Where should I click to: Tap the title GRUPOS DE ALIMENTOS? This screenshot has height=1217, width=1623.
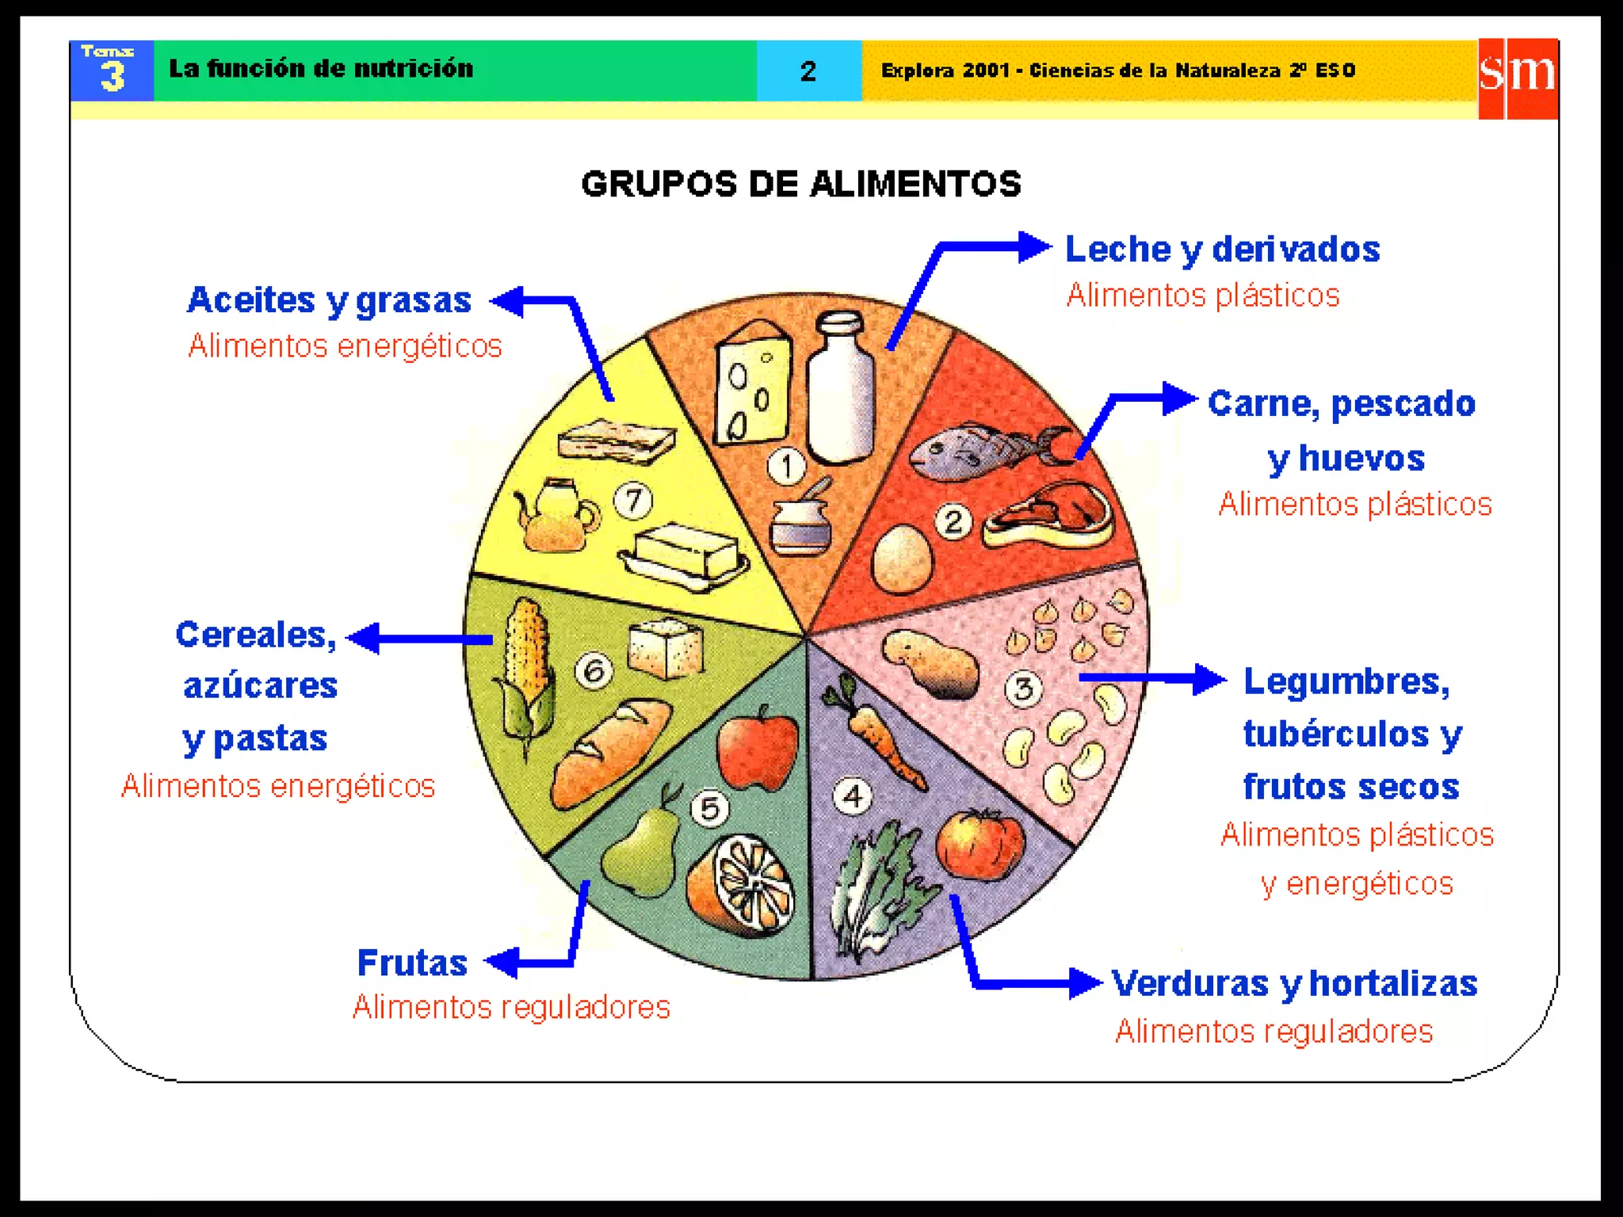point(801,184)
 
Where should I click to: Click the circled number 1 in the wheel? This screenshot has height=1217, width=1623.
point(786,466)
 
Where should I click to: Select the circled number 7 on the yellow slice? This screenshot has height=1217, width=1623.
point(633,501)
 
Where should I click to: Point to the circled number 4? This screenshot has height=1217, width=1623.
point(853,795)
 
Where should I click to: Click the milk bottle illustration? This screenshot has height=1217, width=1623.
point(841,388)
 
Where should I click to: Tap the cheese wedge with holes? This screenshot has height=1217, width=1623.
point(752,383)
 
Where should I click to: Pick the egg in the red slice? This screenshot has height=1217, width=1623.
point(902,559)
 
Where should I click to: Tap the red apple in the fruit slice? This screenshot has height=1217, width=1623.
point(757,749)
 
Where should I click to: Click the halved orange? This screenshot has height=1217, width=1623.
point(741,887)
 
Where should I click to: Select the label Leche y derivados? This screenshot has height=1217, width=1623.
point(1222,249)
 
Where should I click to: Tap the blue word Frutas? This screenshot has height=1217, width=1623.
point(412,963)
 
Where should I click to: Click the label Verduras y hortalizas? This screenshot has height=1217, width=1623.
point(1294,983)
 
